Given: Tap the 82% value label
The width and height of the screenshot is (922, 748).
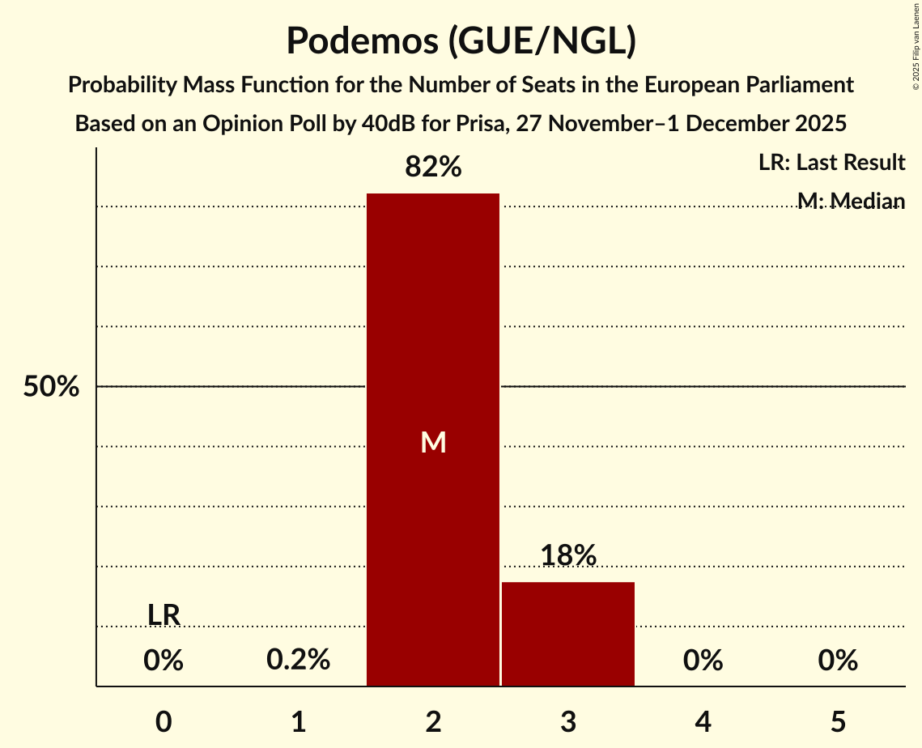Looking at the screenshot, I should tap(433, 168).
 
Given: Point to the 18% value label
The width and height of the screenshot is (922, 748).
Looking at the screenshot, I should tap(568, 555).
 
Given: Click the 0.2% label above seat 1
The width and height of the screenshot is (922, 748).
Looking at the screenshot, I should tap(298, 661).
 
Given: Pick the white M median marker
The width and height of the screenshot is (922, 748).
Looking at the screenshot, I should tap(433, 442).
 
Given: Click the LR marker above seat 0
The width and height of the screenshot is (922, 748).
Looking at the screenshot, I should tap(164, 615).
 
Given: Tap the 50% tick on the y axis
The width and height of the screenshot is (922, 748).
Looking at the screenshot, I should tap(51, 387).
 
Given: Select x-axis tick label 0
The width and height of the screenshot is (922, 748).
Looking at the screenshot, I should tap(164, 721).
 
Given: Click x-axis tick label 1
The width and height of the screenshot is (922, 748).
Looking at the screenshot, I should tap(298, 721).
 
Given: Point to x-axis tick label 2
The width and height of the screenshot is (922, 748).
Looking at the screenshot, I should tap(433, 721).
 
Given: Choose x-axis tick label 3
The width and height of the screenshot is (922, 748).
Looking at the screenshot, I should tap(568, 721).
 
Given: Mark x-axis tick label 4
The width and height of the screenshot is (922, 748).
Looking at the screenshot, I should tap(703, 721).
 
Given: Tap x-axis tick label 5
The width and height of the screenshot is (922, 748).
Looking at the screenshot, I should tap(838, 721).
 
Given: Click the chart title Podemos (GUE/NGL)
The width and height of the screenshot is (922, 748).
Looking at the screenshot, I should tap(461, 41).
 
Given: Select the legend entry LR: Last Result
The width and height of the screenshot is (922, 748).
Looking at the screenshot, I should tap(831, 163).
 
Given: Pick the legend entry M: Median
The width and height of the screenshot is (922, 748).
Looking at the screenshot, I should tap(850, 201).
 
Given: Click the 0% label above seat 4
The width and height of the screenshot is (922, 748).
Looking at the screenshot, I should tap(703, 661).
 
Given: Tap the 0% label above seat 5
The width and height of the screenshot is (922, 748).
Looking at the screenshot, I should tap(838, 661).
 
